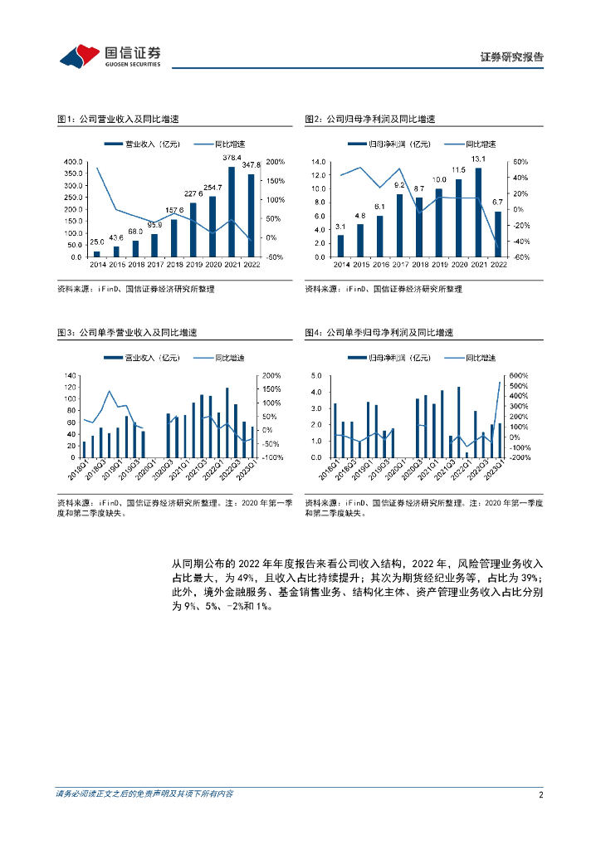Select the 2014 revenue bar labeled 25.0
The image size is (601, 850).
click(x=96, y=253)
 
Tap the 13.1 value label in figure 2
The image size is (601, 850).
click(x=478, y=159)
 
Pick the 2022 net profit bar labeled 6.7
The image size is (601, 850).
click(x=498, y=234)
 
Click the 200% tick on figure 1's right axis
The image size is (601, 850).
click(x=276, y=162)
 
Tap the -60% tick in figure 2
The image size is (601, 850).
click(x=522, y=257)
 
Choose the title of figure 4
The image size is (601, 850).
click(x=379, y=332)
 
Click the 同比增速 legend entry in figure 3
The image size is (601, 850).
click(x=220, y=358)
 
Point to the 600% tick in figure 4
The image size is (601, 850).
click(x=520, y=375)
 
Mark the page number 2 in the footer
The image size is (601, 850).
click(x=540, y=794)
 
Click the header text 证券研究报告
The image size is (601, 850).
click(x=512, y=57)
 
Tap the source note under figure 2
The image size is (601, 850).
click(x=383, y=289)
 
